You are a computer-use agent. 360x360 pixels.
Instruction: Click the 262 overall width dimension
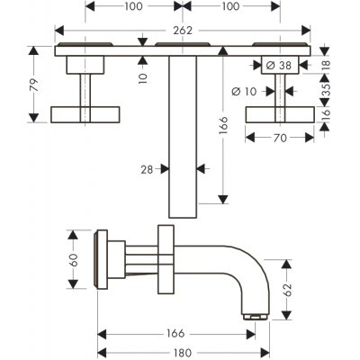[x=183, y=30]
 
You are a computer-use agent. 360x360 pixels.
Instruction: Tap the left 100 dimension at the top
[x=134, y=6]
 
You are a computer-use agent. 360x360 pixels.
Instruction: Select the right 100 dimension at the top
[x=230, y=6]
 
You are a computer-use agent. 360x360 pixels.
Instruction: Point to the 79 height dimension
[x=35, y=85]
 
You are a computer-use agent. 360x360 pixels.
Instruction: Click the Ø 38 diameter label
[x=279, y=65]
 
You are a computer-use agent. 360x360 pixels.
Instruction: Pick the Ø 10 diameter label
[x=245, y=91]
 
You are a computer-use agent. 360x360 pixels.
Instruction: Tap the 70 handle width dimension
[x=280, y=138]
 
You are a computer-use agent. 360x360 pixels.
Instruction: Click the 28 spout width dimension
[x=147, y=170]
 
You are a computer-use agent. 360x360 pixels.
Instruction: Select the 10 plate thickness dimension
[x=143, y=77]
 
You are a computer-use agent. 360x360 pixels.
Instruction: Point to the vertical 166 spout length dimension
[x=223, y=125]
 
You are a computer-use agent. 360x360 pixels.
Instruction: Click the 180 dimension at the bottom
[x=183, y=353]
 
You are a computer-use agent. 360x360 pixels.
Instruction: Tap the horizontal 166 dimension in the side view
[x=175, y=334]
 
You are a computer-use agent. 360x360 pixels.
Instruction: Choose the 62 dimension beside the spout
[x=288, y=290]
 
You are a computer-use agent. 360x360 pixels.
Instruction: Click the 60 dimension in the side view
[x=73, y=260]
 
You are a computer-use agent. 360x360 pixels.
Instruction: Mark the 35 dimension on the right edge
[x=326, y=89]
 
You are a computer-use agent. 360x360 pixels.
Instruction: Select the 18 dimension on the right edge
[x=326, y=65]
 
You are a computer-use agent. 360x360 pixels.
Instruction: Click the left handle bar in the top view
[x=85, y=114]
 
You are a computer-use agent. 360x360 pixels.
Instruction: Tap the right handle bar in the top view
[x=280, y=114]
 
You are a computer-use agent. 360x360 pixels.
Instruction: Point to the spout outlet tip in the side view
[x=256, y=317]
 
